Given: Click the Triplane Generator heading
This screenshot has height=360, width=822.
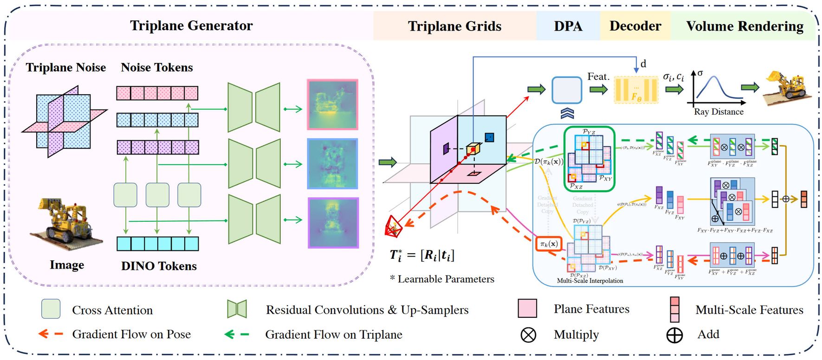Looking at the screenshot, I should (191, 26).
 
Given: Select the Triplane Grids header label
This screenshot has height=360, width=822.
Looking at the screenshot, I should (454, 26).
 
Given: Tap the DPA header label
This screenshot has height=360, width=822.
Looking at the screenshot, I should (568, 26).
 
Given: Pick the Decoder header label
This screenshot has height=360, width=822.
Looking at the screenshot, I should (635, 26).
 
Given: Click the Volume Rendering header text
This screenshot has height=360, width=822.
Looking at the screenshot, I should (744, 26).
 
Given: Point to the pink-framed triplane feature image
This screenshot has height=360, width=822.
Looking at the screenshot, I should (332, 104).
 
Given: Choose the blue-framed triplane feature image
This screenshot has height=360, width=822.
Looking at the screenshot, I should (332, 164).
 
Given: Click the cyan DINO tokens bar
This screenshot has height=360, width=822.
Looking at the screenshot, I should (157, 244).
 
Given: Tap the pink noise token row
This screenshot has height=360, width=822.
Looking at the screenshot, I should (157, 93).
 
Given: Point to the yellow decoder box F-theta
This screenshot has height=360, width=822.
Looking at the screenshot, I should (636, 90).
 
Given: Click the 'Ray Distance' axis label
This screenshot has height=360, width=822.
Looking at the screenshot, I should (718, 112).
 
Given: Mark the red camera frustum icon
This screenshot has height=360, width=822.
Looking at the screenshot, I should (395, 226).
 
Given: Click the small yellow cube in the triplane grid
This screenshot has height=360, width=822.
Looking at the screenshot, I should (473, 149).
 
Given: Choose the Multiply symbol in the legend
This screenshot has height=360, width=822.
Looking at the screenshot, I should (528, 334).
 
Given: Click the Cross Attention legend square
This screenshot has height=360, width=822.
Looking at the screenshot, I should (51, 309).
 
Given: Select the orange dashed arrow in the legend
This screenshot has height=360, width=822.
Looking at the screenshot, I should (51, 334).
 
